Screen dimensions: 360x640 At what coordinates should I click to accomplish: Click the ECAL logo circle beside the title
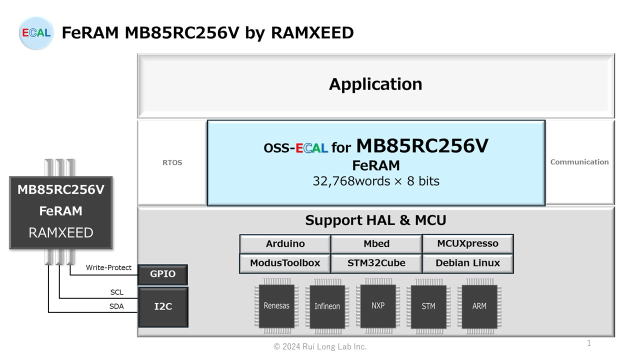click(x=36, y=33)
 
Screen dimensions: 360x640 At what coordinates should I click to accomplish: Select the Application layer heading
click(x=375, y=84)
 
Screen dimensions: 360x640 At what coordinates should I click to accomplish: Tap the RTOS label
click(x=172, y=162)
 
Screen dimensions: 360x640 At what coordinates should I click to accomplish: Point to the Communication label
click(x=579, y=162)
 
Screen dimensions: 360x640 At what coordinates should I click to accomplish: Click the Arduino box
click(x=285, y=244)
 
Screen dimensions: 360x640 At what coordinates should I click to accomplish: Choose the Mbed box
click(x=376, y=244)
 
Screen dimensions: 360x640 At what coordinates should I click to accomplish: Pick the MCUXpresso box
click(x=467, y=243)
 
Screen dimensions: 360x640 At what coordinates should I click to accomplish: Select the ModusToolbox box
click(x=285, y=263)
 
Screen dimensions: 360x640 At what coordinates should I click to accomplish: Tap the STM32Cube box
click(x=376, y=263)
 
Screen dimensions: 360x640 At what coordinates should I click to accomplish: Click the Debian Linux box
click(x=467, y=263)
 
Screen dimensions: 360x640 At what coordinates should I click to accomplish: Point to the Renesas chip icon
click(x=276, y=306)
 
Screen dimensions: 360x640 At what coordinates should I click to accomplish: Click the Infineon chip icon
click(x=327, y=306)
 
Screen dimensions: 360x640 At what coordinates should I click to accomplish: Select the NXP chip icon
click(x=378, y=305)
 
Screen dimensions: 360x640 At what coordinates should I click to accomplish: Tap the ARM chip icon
click(x=479, y=306)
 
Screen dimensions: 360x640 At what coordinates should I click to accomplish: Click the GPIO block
click(x=163, y=274)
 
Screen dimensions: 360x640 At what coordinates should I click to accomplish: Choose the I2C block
click(x=163, y=306)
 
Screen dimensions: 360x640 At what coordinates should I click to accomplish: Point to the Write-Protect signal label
click(x=108, y=268)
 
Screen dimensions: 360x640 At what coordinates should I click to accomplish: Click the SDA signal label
click(x=116, y=306)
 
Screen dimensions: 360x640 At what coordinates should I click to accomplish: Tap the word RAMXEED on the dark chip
click(x=61, y=232)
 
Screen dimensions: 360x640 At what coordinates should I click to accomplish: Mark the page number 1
click(x=589, y=343)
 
